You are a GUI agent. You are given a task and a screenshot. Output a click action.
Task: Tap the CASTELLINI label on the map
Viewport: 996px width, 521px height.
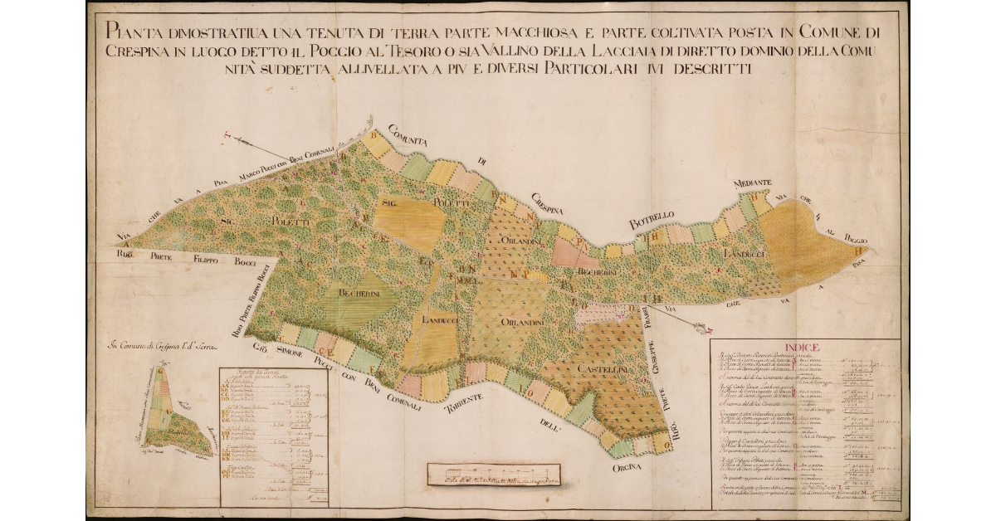tap(616, 367)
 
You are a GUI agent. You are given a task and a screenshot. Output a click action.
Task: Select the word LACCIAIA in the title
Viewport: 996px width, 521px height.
tap(619, 51)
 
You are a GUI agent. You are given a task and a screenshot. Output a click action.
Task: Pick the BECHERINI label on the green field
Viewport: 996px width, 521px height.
tap(359, 293)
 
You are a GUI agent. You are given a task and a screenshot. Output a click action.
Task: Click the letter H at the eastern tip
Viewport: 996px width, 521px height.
tap(864, 250)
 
